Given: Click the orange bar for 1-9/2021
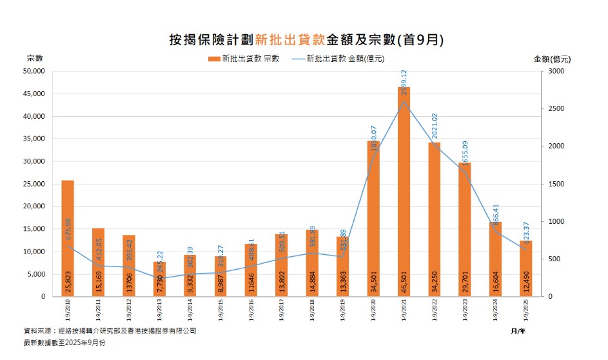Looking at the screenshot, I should [x=404, y=194].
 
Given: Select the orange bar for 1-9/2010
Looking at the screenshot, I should [x=68, y=239].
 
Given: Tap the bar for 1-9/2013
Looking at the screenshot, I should [x=159, y=279].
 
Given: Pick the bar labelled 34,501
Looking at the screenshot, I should [x=373, y=219].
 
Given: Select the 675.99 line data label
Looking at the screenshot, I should [x=68, y=230].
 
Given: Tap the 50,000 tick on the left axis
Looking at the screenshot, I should [x=34, y=71].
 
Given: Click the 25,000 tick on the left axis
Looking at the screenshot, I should [x=34, y=184].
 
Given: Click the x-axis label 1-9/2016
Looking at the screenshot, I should [x=251, y=308].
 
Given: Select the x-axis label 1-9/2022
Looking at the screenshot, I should [x=434, y=308].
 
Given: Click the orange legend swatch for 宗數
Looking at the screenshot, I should [x=213, y=59].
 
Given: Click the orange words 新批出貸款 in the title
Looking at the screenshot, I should [x=290, y=39].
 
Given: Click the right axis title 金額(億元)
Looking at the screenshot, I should [x=552, y=59].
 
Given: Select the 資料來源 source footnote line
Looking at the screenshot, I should [x=110, y=331].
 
